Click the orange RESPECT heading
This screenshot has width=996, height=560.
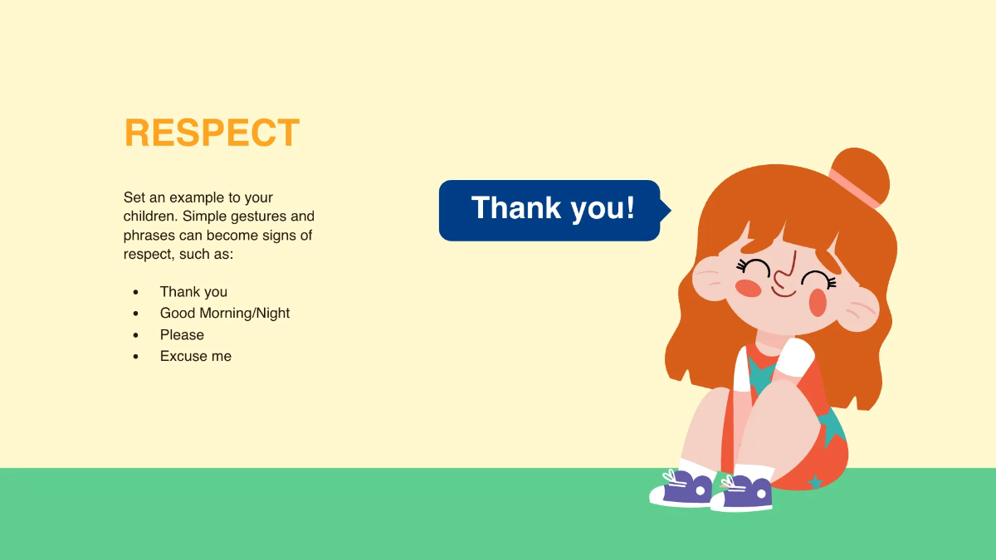point(212,134)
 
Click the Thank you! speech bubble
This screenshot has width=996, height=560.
point(549,210)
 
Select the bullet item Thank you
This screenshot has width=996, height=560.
point(193,292)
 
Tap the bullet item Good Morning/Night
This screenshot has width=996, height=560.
point(225,314)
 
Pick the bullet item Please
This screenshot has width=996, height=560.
point(182,335)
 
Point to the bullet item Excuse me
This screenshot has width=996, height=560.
point(196,357)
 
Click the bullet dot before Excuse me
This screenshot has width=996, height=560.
point(135,357)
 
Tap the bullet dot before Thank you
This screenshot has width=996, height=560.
point(135,292)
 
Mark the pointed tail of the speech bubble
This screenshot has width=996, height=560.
point(666,211)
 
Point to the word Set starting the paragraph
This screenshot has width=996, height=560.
point(134,197)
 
